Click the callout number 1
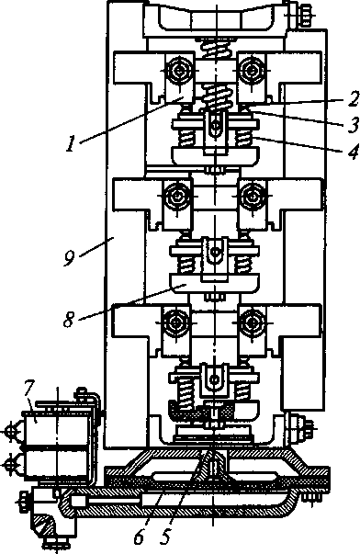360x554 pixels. tap(72, 144)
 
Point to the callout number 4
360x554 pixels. tap(353, 151)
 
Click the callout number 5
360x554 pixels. tap(165, 537)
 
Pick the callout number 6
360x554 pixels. tap(139, 537)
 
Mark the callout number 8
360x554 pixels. tap(70, 320)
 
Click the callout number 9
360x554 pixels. tap(70, 257)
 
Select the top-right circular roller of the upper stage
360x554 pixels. tap(252, 71)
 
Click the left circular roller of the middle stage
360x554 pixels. tap(177, 197)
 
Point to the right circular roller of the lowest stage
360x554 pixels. tap(252, 322)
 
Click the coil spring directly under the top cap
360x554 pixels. tap(215, 47)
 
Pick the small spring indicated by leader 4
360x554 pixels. tap(243, 137)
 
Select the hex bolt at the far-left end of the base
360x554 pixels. tap(23, 501)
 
